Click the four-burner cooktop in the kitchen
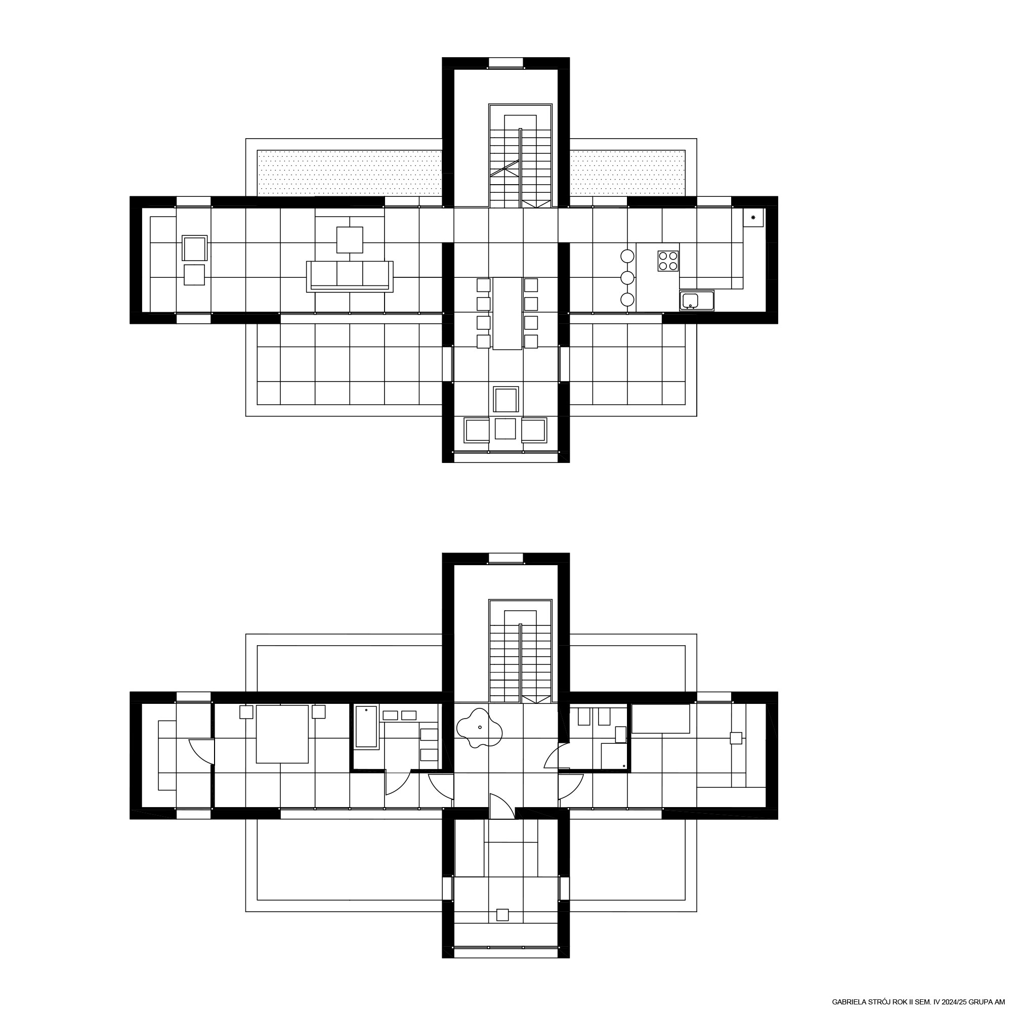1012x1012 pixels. pos(668,261)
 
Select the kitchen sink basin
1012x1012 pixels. pos(690,301)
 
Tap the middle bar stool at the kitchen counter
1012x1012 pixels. pos(627,278)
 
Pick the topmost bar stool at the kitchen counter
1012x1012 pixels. pos(627,256)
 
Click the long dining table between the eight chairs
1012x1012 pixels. pos(508,313)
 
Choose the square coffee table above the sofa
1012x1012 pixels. pos(350,240)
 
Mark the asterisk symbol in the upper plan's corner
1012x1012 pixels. pos(753,218)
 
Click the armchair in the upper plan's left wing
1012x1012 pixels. pos(195,248)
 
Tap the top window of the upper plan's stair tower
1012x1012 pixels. pos(506,63)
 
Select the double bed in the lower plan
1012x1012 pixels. pos(282,734)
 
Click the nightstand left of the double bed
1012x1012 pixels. pos(246,712)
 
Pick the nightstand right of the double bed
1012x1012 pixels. pos(318,712)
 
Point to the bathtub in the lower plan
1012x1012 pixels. pos(366,727)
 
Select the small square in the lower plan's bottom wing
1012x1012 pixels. pos(502,914)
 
